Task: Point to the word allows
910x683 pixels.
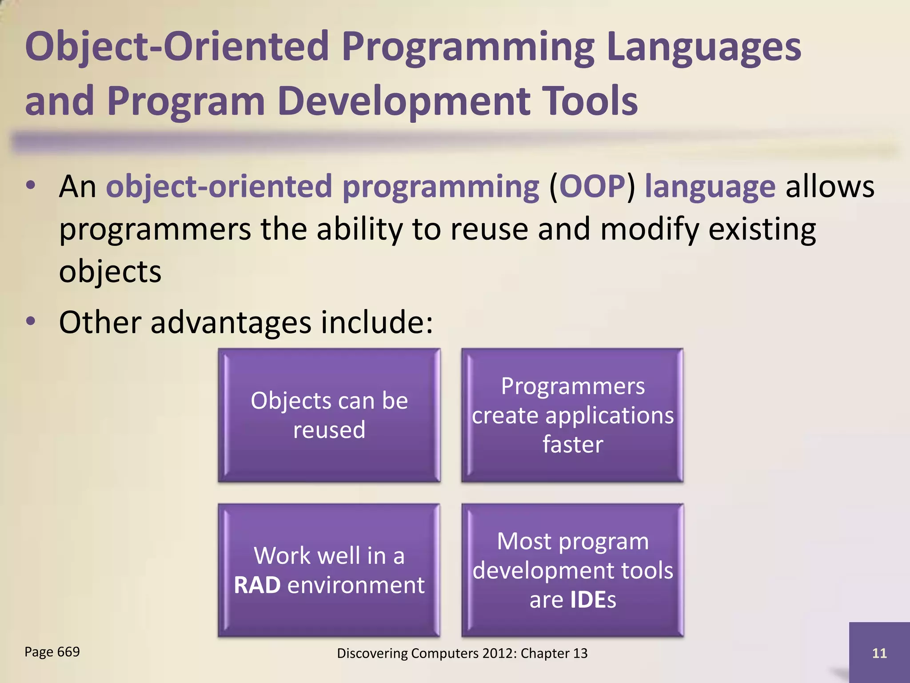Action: pos(830,187)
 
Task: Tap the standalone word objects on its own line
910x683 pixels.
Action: pos(110,272)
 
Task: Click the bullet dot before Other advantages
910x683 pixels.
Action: pos(30,321)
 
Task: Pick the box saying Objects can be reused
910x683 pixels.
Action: pos(329,415)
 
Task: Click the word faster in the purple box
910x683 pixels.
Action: pos(573,444)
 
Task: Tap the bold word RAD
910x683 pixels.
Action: pos(257,585)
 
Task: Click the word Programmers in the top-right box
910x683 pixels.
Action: pos(573,386)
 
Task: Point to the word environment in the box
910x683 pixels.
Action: pos(356,585)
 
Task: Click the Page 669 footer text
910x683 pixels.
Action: pos(52,652)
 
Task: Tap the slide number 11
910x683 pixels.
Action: pos(879,653)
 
